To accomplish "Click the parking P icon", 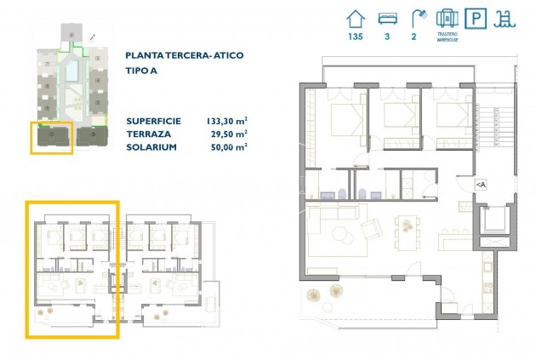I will point(480,19).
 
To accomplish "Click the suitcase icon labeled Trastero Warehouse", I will point(448,18).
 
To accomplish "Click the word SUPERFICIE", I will point(154,121).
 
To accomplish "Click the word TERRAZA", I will point(148,134).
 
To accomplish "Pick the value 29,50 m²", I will point(230,134).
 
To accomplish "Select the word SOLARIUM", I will point(151,146).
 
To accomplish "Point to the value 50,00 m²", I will point(230,146).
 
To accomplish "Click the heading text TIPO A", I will point(141,72).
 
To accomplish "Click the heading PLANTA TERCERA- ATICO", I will point(184,56).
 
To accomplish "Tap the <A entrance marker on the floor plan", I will point(481,184).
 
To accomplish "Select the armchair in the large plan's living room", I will point(372,228).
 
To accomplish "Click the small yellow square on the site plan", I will point(52,138).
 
